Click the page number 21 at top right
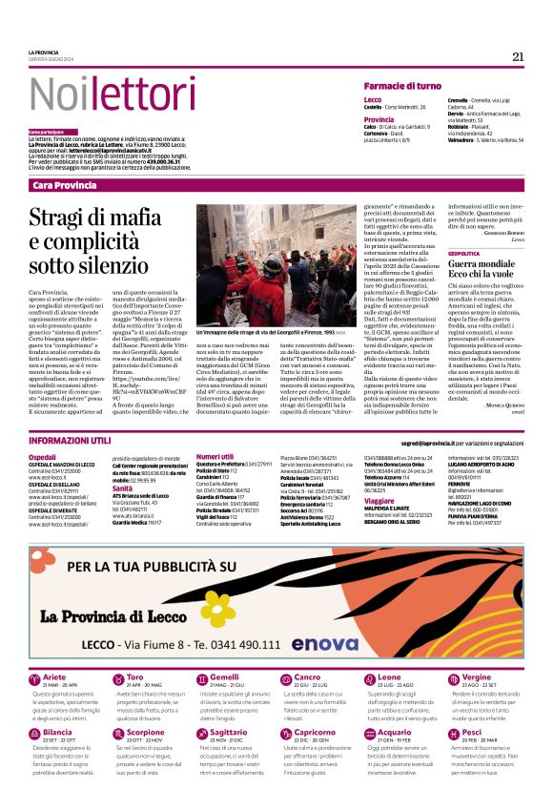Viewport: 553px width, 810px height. [518, 56]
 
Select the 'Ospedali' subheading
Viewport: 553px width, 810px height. [42, 457]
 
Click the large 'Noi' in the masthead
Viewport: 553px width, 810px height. [64, 94]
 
